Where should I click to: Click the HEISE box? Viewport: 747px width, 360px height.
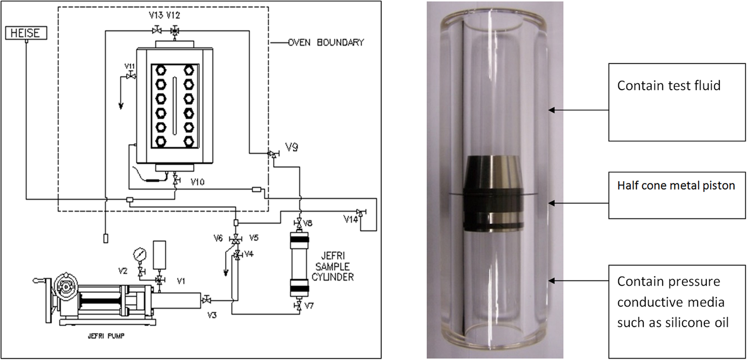click(26, 33)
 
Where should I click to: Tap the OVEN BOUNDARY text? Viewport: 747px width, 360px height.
click(326, 43)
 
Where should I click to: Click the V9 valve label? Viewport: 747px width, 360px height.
click(291, 148)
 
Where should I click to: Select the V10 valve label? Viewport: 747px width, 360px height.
click(197, 182)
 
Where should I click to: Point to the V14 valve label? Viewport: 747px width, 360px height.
click(350, 220)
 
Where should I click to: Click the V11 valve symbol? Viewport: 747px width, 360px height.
click(131, 76)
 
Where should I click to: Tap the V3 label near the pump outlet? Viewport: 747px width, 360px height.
click(212, 315)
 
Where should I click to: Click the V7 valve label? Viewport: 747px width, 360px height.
click(309, 306)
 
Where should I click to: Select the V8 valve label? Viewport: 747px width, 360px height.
click(308, 223)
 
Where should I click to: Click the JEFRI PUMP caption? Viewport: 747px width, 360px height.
click(106, 336)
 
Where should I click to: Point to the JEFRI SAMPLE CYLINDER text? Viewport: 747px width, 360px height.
click(332, 266)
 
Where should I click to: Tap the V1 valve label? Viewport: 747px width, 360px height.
click(181, 281)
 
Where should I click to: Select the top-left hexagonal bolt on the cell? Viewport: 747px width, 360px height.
click(161, 70)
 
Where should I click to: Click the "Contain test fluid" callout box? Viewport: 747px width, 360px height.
click(676, 102)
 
